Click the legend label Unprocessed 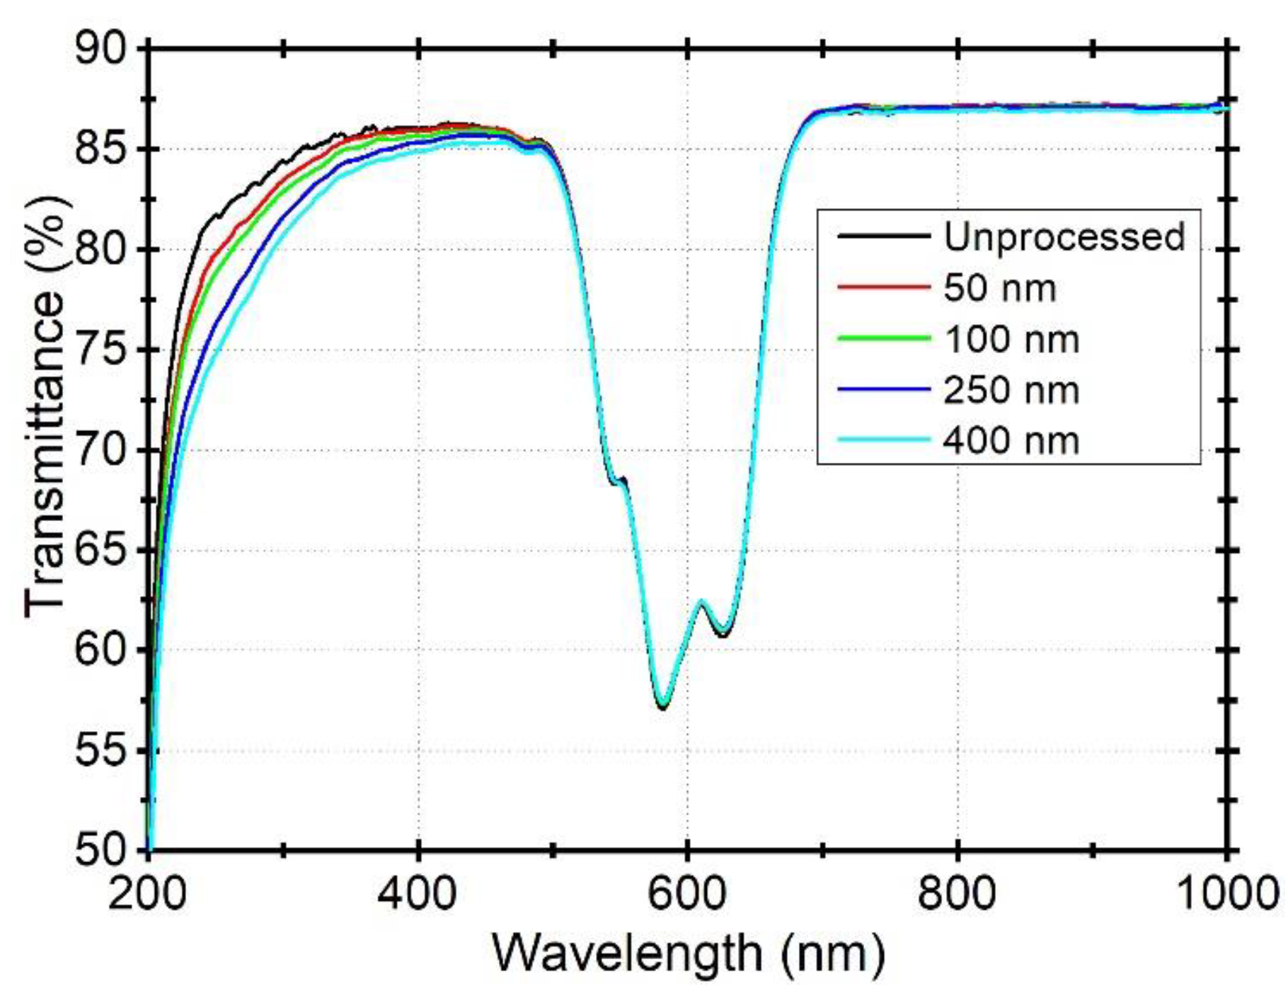coord(1064,236)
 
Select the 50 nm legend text coord(999,288)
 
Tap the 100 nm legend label coord(1011,339)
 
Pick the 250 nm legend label coord(1011,390)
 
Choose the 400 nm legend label coord(1011,440)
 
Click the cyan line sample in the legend coord(883,440)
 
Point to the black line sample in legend coord(883,236)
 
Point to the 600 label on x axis coord(687,893)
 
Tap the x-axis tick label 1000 coord(1226,893)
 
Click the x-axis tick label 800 coord(957,893)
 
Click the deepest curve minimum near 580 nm coord(662,705)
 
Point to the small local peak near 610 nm coord(702,602)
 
